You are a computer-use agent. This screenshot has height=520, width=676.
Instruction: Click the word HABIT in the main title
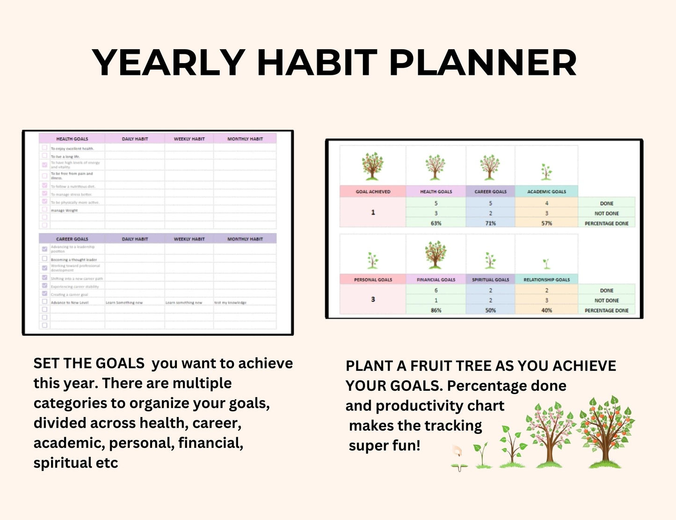pos(317,63)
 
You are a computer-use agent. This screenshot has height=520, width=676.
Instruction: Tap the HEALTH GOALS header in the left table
pos(72,139)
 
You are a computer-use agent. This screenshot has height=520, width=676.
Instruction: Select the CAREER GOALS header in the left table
pos(72,239)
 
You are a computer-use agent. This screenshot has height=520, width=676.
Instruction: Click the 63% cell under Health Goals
pos(436,223)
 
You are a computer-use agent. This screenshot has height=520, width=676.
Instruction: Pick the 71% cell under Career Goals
pos(490,223)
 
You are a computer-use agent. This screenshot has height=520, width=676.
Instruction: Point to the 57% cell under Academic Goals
pos(546,223)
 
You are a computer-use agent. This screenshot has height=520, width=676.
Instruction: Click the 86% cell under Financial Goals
pos(436,310)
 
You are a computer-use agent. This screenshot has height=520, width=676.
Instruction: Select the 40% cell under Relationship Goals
pos(546,310)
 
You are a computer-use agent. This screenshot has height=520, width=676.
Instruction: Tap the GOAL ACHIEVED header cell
pos(373,191)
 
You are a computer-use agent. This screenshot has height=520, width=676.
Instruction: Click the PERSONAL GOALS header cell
pos(373,279)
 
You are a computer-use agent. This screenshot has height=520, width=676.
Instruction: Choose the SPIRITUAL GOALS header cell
pos(490,279)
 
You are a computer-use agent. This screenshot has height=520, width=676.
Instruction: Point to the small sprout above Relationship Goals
pos(546,263)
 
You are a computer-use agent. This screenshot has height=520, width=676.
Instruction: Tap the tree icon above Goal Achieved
pos(372,166)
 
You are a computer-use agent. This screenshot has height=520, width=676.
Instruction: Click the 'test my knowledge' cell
pos(230,303)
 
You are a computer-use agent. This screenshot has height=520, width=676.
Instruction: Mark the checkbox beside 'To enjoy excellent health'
pos(44,148)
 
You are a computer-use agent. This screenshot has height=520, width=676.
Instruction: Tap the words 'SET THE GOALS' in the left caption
pos(89,364)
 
